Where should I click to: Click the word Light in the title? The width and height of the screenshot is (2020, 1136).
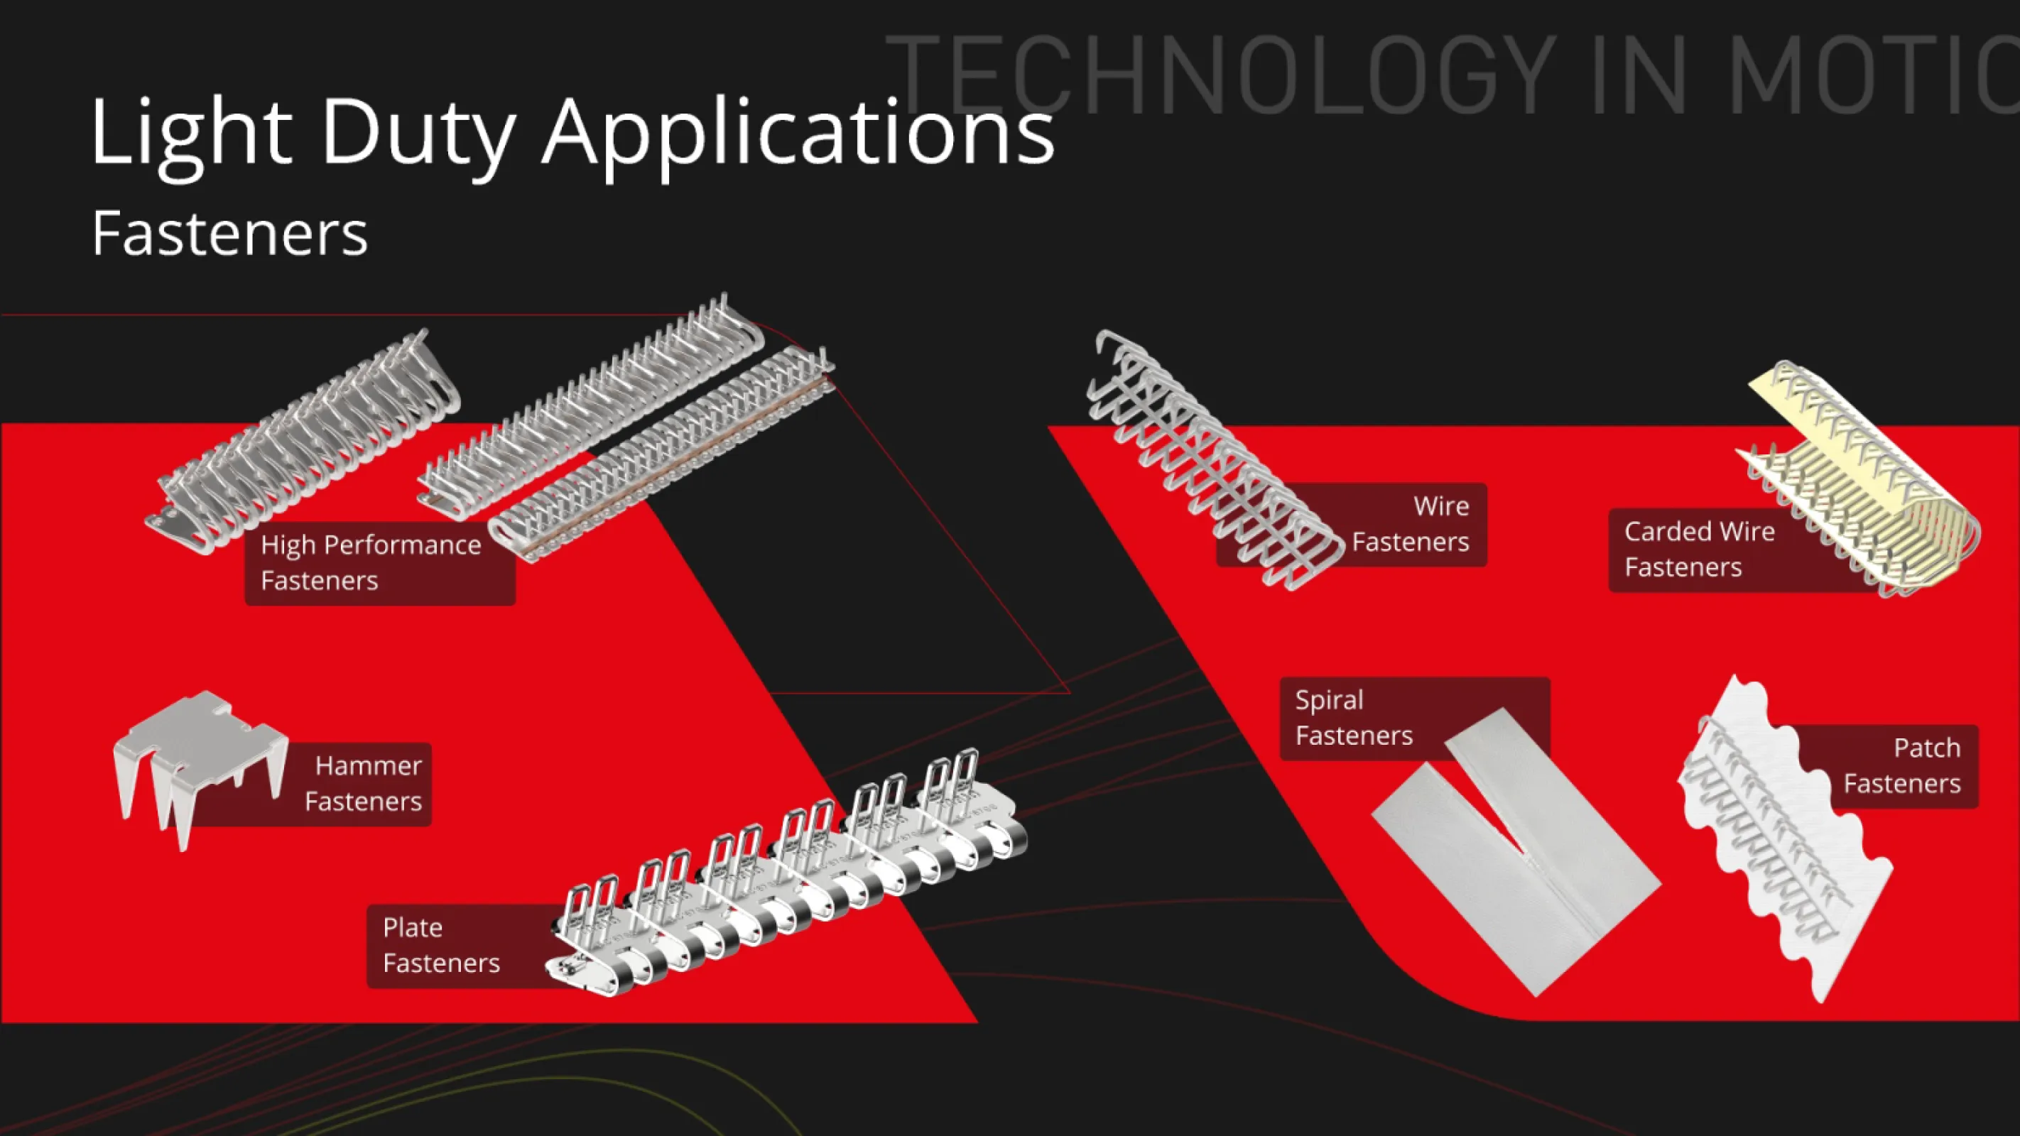pyautogui.click(x=191, y=133)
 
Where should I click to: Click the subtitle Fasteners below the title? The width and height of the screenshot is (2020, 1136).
pyautogui.click(x=229, y=233)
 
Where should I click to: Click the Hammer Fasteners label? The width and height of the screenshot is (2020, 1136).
pyautogui.click(x=363, y=783)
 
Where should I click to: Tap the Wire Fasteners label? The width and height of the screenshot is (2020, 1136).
pyautogui.click(x=1410, y=524)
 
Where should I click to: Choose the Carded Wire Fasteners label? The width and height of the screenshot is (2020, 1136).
pyautogui.click(x=1699, y=549)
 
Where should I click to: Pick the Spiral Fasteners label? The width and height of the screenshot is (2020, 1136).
pyautogui.click(x=1354, y=717)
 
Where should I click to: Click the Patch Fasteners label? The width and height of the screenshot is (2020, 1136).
pyautogui.click(x=1901, y=766)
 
